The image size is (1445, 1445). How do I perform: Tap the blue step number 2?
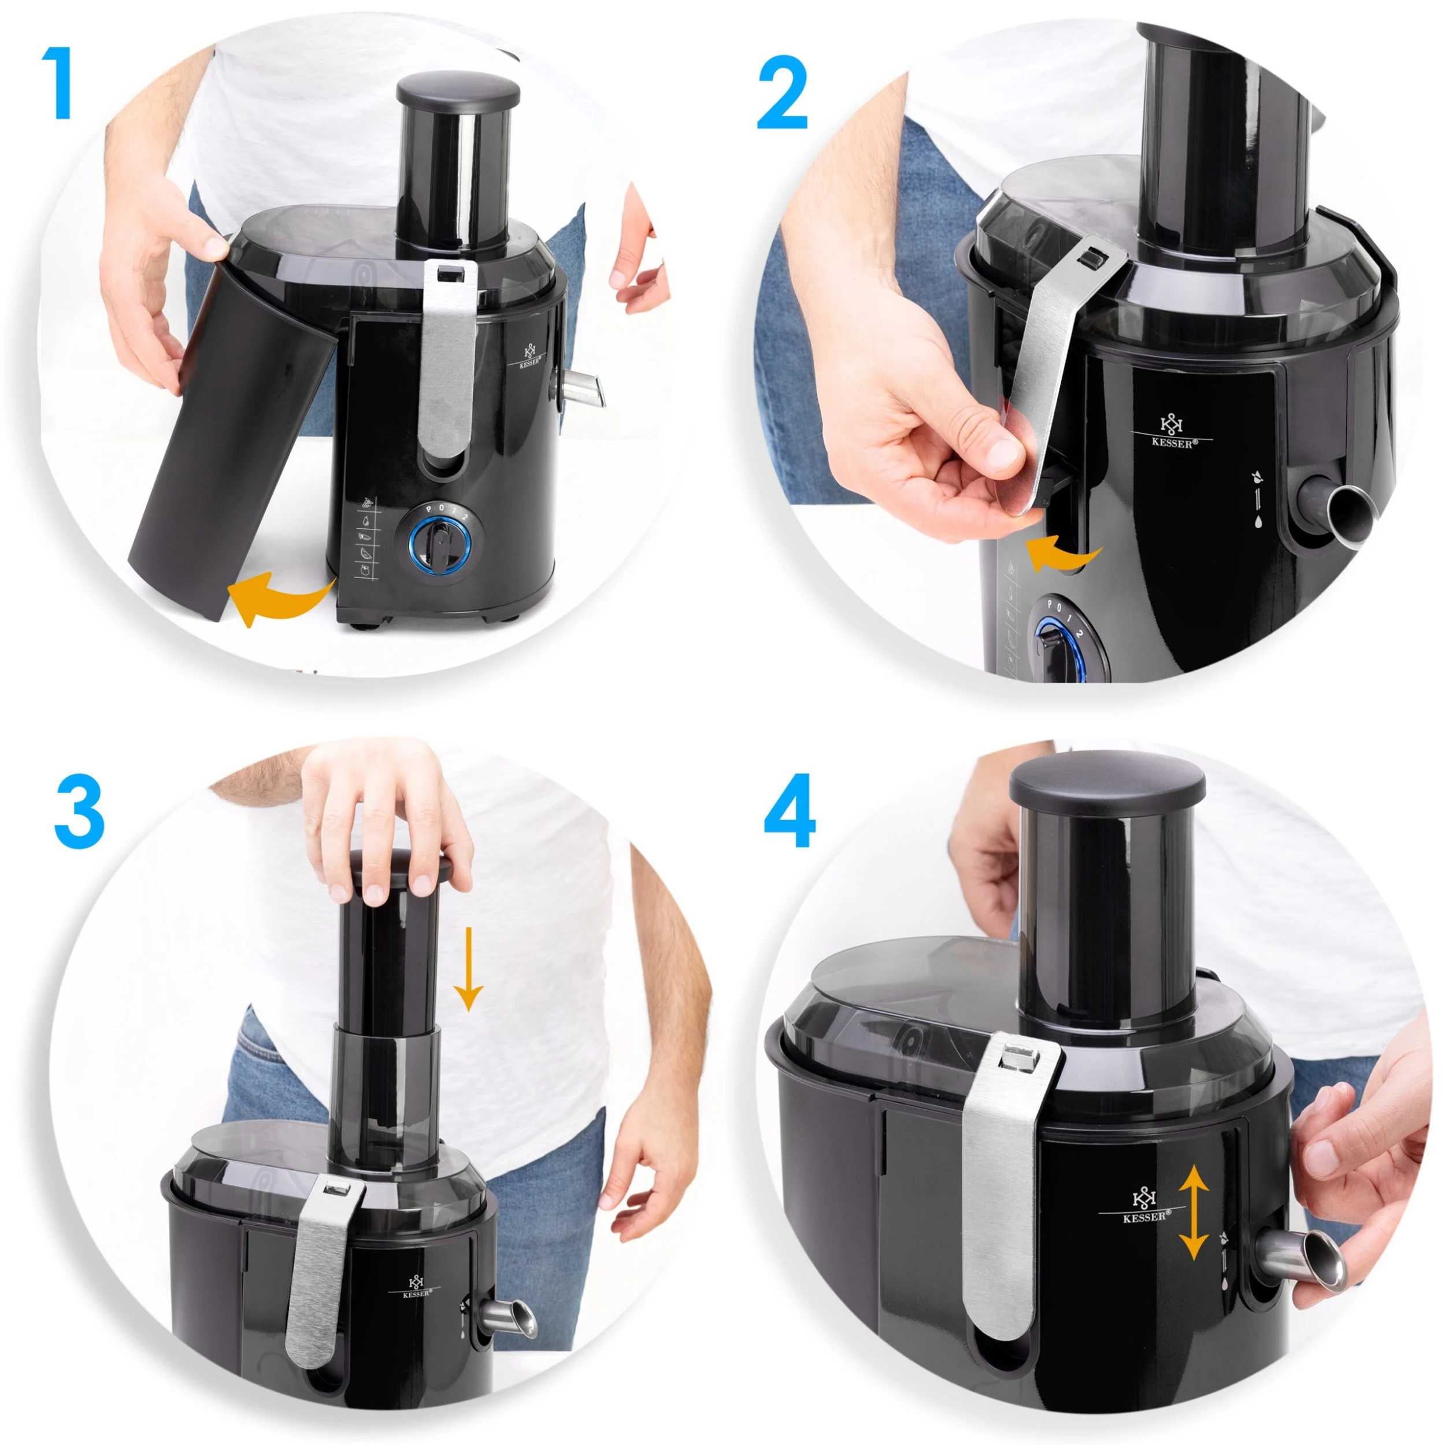(783, 94)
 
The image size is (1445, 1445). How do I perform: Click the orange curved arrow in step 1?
(280, 598)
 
